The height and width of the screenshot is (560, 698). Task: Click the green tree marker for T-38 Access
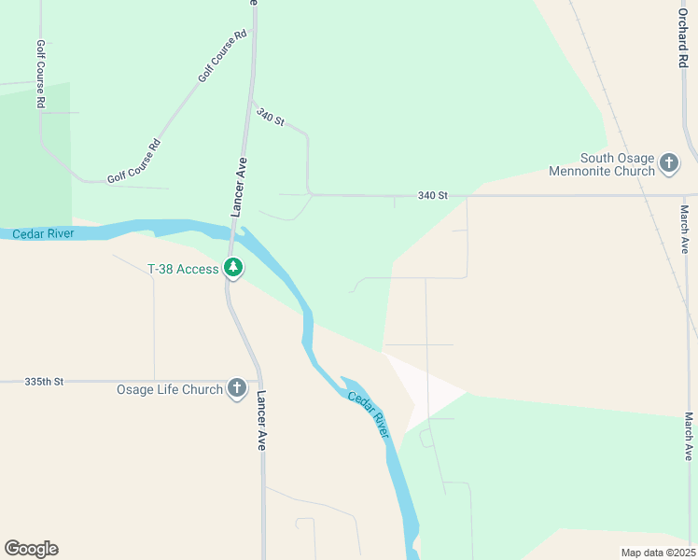233,269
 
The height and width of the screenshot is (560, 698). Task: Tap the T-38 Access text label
183,269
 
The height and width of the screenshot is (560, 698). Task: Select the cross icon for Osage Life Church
237,388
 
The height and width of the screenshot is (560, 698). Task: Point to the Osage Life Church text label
169,389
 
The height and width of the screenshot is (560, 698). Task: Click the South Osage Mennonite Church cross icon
668,163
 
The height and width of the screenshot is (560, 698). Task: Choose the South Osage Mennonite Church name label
617,164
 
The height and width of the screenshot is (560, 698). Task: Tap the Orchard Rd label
684,34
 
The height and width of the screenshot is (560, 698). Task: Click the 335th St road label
44,382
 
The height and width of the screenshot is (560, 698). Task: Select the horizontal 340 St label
433,195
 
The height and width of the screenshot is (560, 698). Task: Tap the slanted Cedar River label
369,411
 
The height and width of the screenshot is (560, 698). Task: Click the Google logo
31,549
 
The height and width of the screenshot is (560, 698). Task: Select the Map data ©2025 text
658,553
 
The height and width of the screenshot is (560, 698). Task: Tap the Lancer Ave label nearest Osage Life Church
261,420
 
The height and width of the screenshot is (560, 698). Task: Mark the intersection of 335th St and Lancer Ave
258,381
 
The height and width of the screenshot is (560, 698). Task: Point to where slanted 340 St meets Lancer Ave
251,101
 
